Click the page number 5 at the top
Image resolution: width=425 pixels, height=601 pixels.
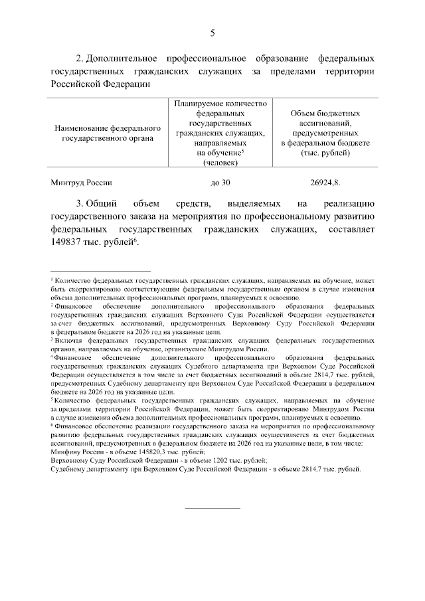click(212, 33)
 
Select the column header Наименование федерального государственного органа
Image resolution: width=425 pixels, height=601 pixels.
click(107, 133)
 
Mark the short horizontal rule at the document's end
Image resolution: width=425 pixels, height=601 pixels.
click(212, 508)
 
